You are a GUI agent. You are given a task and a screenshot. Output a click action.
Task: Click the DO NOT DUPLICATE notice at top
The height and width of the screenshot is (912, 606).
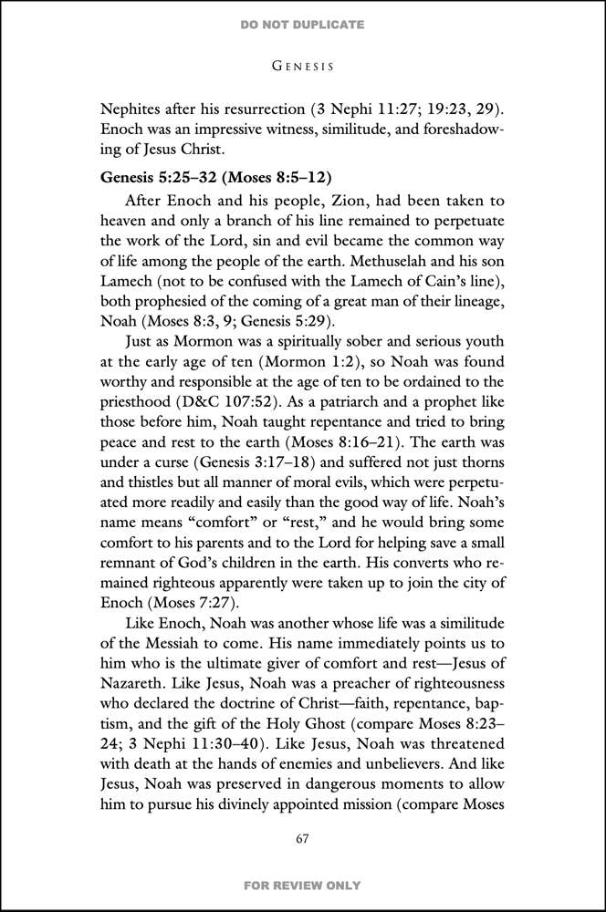tap(302, 25)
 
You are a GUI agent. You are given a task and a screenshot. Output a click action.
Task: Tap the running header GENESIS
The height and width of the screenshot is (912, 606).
tap(302, 66)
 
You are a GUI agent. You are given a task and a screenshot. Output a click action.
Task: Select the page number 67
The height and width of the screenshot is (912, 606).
tap(302, 839)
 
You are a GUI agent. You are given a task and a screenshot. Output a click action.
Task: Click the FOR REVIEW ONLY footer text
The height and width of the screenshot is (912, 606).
tap(302, 886)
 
